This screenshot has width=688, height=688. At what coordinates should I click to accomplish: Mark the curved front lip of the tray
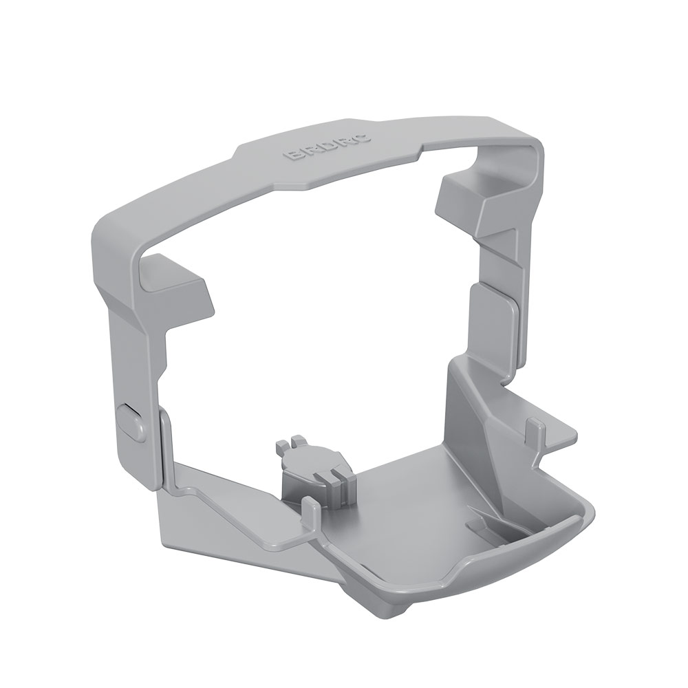point(523,571)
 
